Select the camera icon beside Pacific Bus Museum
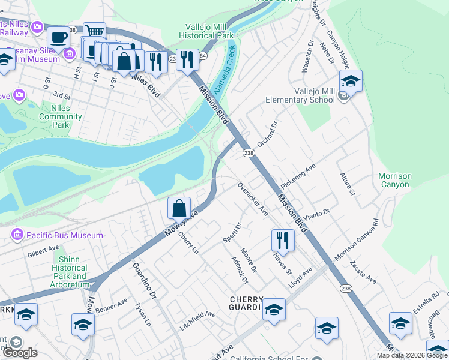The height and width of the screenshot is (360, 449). point(17,235)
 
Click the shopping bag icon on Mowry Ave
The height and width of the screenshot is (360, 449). point(179,208)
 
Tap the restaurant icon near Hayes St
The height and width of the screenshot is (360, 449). point(282,240)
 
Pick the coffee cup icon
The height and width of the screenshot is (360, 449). point(58,38)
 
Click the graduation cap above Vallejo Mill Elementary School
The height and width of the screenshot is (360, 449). point(351,81)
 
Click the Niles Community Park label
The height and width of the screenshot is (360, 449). point(60,116)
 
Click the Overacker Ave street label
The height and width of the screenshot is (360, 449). point(252,199)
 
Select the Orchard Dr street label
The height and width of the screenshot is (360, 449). point(268,134)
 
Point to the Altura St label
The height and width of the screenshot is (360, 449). point(348,184)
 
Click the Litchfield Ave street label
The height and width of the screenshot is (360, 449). point(197,322)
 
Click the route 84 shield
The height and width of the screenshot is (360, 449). point(203,56)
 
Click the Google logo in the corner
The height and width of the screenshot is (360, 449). point(20,352)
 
